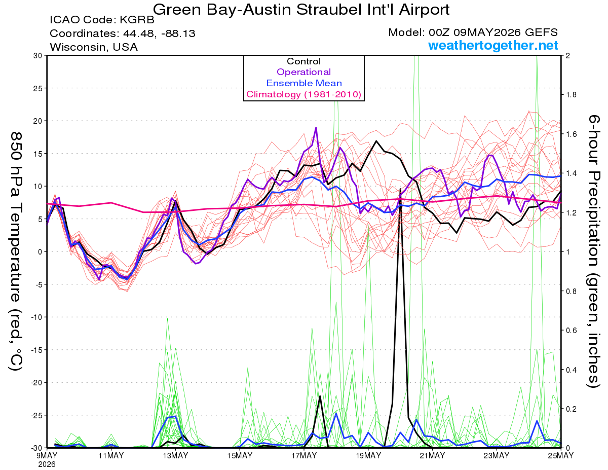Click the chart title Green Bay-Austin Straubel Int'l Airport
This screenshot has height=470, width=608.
click(301, 10)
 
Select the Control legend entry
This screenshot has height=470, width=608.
click(303, 61)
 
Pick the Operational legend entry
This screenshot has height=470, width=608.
click(303, 72)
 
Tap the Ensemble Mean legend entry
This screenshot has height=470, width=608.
click(304, 83)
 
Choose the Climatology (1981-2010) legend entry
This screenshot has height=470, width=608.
click(303, 94)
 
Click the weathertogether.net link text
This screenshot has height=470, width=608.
click(493, 45)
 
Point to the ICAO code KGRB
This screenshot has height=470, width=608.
click(137, 20)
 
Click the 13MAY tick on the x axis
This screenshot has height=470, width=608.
click(175, 455)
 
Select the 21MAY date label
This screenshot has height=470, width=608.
click(432, 455)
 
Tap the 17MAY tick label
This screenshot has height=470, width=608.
click(304, 455)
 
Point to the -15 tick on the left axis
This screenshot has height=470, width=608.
click(36, 350)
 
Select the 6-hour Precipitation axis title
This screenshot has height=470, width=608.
click(593, 251)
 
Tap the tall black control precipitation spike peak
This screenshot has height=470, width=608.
click(400, 189)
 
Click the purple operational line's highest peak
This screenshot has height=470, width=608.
click(316, 127)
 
